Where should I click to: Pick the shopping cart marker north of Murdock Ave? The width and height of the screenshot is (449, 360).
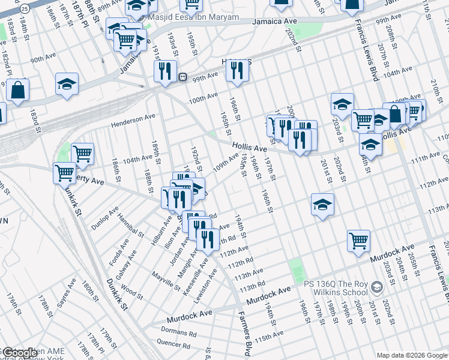click(x=358, y=240)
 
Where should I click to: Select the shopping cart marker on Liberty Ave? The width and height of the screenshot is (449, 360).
click(x=64, y=173)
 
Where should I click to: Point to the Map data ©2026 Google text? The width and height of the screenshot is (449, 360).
click(x=411, y=355)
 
